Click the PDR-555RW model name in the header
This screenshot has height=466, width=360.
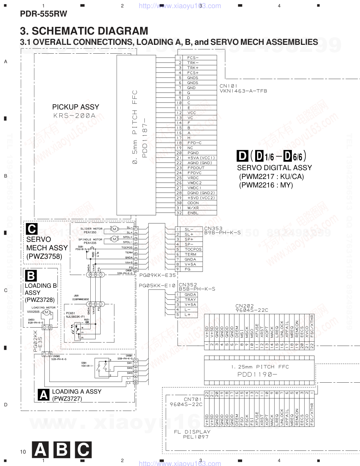point(43,14)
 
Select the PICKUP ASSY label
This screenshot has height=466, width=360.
point(76,107)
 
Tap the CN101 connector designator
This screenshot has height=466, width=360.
point(228,86)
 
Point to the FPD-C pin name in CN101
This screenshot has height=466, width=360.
point(194,143)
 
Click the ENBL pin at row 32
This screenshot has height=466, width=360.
point(193,213)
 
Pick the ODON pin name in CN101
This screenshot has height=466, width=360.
point(193,203)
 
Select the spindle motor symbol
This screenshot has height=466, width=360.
point(114,239)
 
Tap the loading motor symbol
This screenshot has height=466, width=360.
point(46,312)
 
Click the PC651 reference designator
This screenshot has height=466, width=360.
point(71,313)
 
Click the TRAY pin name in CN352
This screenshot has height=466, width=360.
point(190,299)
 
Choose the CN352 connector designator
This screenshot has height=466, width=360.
point(188,285)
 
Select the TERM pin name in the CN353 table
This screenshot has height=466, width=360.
point(191,254)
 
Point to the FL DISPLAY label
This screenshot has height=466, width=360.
point(192,432)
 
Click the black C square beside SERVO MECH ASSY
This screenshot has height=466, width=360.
point(31,229)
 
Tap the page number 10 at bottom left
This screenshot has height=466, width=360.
point(23,452)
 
